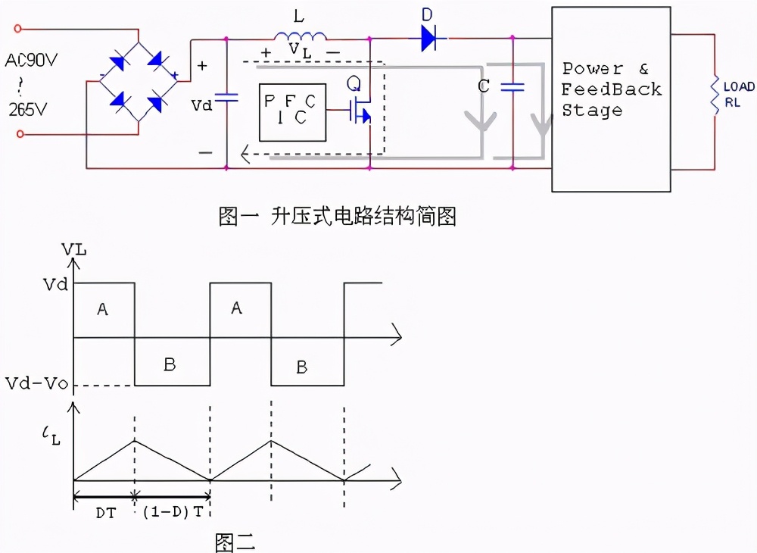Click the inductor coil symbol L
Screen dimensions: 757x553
point(301,36)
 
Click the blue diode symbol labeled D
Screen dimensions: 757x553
point(429,37)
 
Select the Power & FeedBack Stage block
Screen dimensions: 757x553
point(610,98)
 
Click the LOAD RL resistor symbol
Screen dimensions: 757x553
point(713,95)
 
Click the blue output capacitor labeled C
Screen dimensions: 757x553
point(512,86)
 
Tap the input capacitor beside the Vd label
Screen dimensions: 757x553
point(226,97)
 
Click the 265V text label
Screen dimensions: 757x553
point(28,109)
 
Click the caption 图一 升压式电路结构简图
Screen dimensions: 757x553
point(337,217)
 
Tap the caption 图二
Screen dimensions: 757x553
point(235,541)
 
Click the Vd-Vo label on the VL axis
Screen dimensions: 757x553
point(35,384)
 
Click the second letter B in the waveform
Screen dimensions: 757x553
point(301,367)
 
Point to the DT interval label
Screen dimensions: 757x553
point(105,511)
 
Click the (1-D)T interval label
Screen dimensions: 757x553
point(173,511)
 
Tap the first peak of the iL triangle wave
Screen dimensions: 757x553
point(134,440)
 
